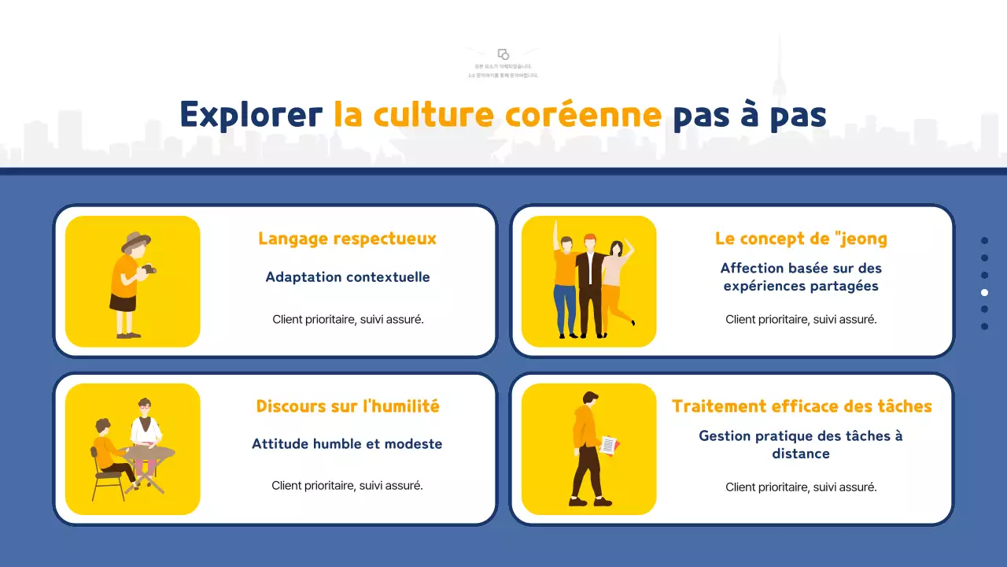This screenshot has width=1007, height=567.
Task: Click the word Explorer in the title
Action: click(x=250, y=115)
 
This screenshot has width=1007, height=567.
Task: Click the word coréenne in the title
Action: click(x=582, y=115)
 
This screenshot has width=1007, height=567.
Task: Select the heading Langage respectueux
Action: click(x=347, y=239)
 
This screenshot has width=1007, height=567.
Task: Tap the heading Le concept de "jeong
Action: click(x=801, y=239)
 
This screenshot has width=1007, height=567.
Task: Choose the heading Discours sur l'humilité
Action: click(x=348, y=406)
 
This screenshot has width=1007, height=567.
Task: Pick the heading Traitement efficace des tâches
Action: click(x=801, y=406)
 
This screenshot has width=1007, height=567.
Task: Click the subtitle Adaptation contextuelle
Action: click(x=347, y=277)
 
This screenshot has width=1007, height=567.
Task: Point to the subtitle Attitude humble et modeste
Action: click(x=347, y=444)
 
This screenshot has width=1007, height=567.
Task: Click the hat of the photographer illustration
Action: click(x=135, y=240)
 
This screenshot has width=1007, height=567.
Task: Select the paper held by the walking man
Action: click(x=608, y=446)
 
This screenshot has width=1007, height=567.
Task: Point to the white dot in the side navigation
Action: click(x=984, y=292)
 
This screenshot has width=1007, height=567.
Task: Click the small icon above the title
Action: click(x=503, y=54)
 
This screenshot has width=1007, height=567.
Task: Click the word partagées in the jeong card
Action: click(x=842, y=286)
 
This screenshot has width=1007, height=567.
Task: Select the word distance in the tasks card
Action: click(x=801, y=454)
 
